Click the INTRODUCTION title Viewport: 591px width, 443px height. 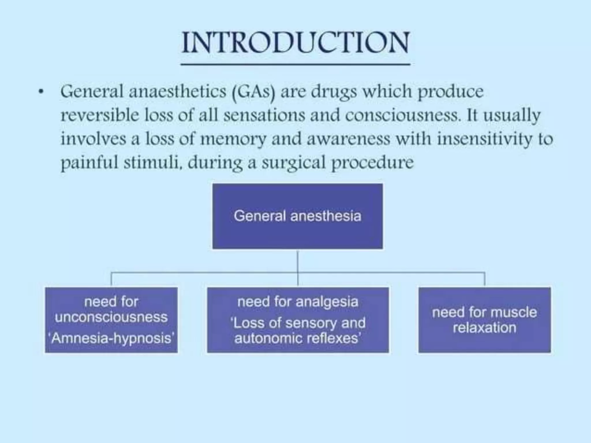[295, 43]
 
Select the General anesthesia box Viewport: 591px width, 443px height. [298, 216]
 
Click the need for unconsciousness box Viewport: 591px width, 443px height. [111, 320]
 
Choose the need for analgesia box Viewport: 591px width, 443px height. [298, 320]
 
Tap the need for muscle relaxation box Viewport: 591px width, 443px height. [485, 320]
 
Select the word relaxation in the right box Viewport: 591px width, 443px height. [485, 328]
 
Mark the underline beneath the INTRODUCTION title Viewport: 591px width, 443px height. [295, 64]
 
